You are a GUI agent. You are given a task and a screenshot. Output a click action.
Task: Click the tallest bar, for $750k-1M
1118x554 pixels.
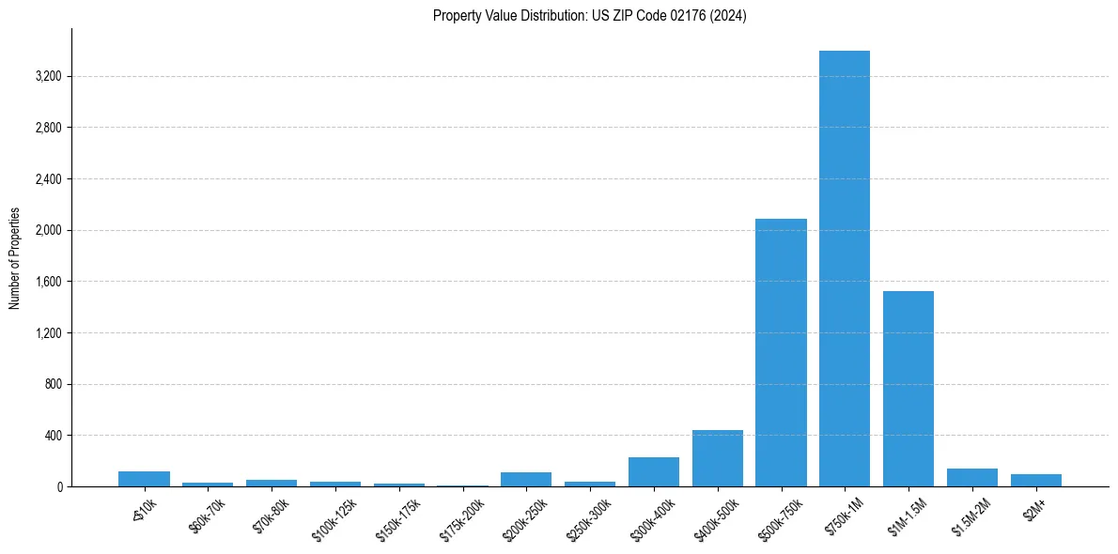pyautogui.click(x=844, y=269)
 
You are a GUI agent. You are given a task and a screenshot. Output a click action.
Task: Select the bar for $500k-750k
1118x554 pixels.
pyautogui.click(x=781, y=352)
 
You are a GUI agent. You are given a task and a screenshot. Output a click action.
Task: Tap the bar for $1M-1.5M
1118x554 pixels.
pyautogui.click(x=908, y=389)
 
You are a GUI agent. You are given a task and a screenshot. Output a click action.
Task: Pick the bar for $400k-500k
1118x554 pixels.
pyautogui.click(x=717, y=458)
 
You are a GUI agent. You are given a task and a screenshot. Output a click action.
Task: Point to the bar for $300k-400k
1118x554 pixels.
pyautogui.click(x=653, y=472)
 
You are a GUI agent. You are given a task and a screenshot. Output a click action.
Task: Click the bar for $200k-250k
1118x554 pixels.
pyautogui.click(x=526, y=480)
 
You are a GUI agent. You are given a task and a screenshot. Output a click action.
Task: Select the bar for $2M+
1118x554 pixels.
pyautogui.click(x=1035, y=481)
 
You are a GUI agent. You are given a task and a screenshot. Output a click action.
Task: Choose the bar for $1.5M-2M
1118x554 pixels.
pyautogui.click(x=971, y=478)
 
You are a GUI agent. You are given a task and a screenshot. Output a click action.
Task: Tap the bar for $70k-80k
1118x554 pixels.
pyautogui.click(x=272, y=484)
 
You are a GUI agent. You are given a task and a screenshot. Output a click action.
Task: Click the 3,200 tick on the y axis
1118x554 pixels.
pyautogui.click(x=47, y=76)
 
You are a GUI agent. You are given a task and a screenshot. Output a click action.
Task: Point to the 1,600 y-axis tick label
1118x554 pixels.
pyautogui.click(x=47, y=282)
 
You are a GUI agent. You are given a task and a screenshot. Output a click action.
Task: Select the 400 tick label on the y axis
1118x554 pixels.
pyautogui.click(x=53, y=436)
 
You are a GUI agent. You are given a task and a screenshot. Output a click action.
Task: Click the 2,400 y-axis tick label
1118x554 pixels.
pyautogui.click(x=47, y=178)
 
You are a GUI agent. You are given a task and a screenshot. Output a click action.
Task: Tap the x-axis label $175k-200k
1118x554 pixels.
pyautogui.click(x=461, y=516)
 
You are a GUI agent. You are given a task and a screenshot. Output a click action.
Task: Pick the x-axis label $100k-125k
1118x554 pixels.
pyautogui.click(x=334, y=516)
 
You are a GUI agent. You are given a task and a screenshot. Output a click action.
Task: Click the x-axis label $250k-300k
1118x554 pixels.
pyautogui.click(x=588, y=516)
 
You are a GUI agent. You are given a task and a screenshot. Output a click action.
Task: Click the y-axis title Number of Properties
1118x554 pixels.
pyautogui.click(x=14, y=257)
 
